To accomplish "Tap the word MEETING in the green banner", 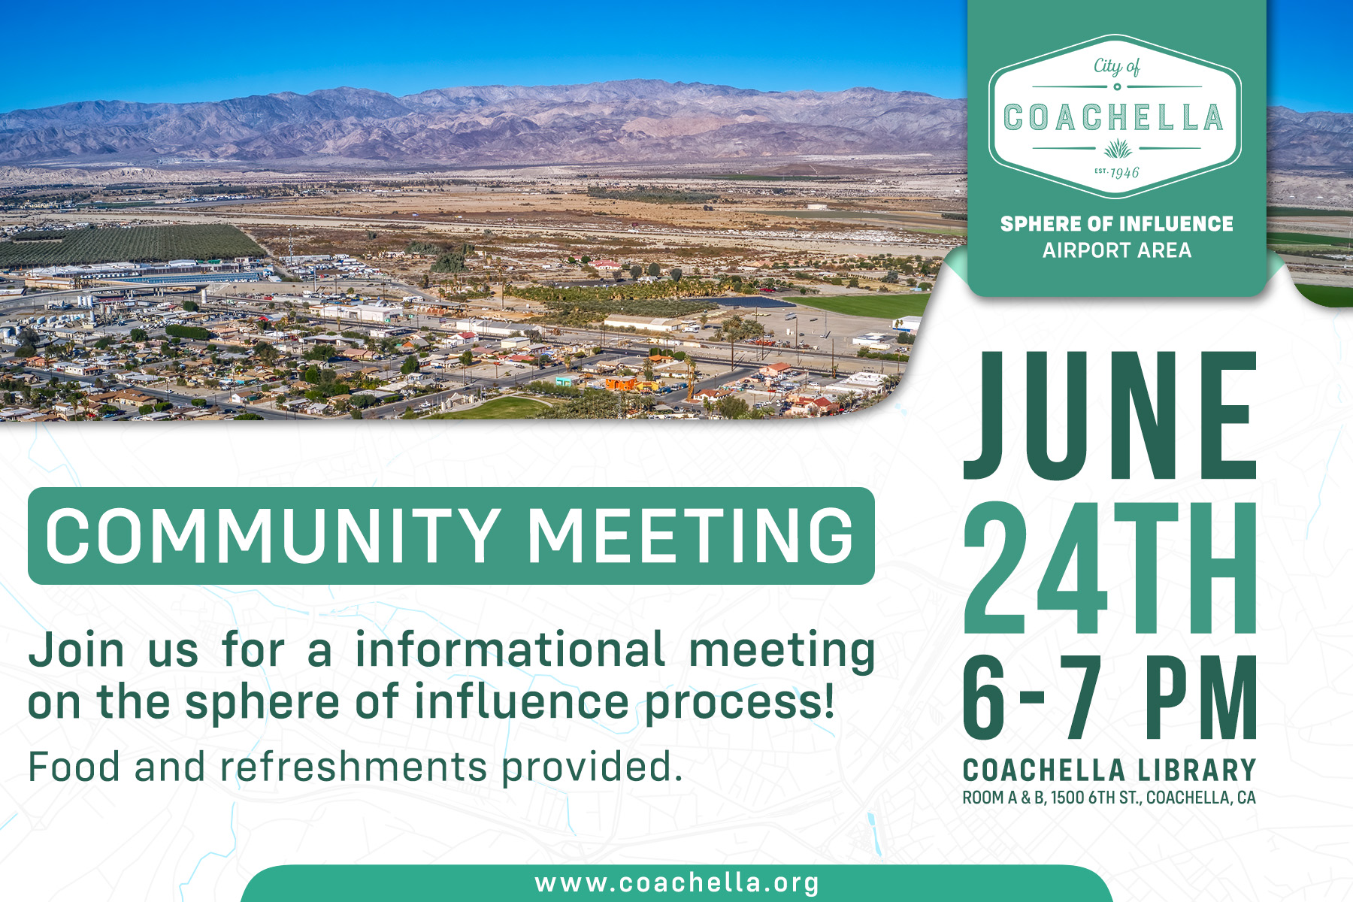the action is (x=691, y=535).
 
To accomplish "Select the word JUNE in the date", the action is (x=1110, y=416).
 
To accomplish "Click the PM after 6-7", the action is (x=1201, y=698).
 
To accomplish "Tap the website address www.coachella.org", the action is (x=676, y=882).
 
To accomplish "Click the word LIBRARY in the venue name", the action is (x=1197, y=770).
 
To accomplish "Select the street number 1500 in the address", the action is (x=1067, y=798).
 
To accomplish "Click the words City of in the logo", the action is (x=1117, y=67).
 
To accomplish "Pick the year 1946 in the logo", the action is (x=1124, y=172).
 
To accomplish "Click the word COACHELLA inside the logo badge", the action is (x=1113, y=117).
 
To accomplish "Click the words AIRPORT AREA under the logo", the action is (x=1117, y=250).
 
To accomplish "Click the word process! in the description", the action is (x=740, y=703).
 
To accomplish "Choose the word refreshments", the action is (x=353, y=767).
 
